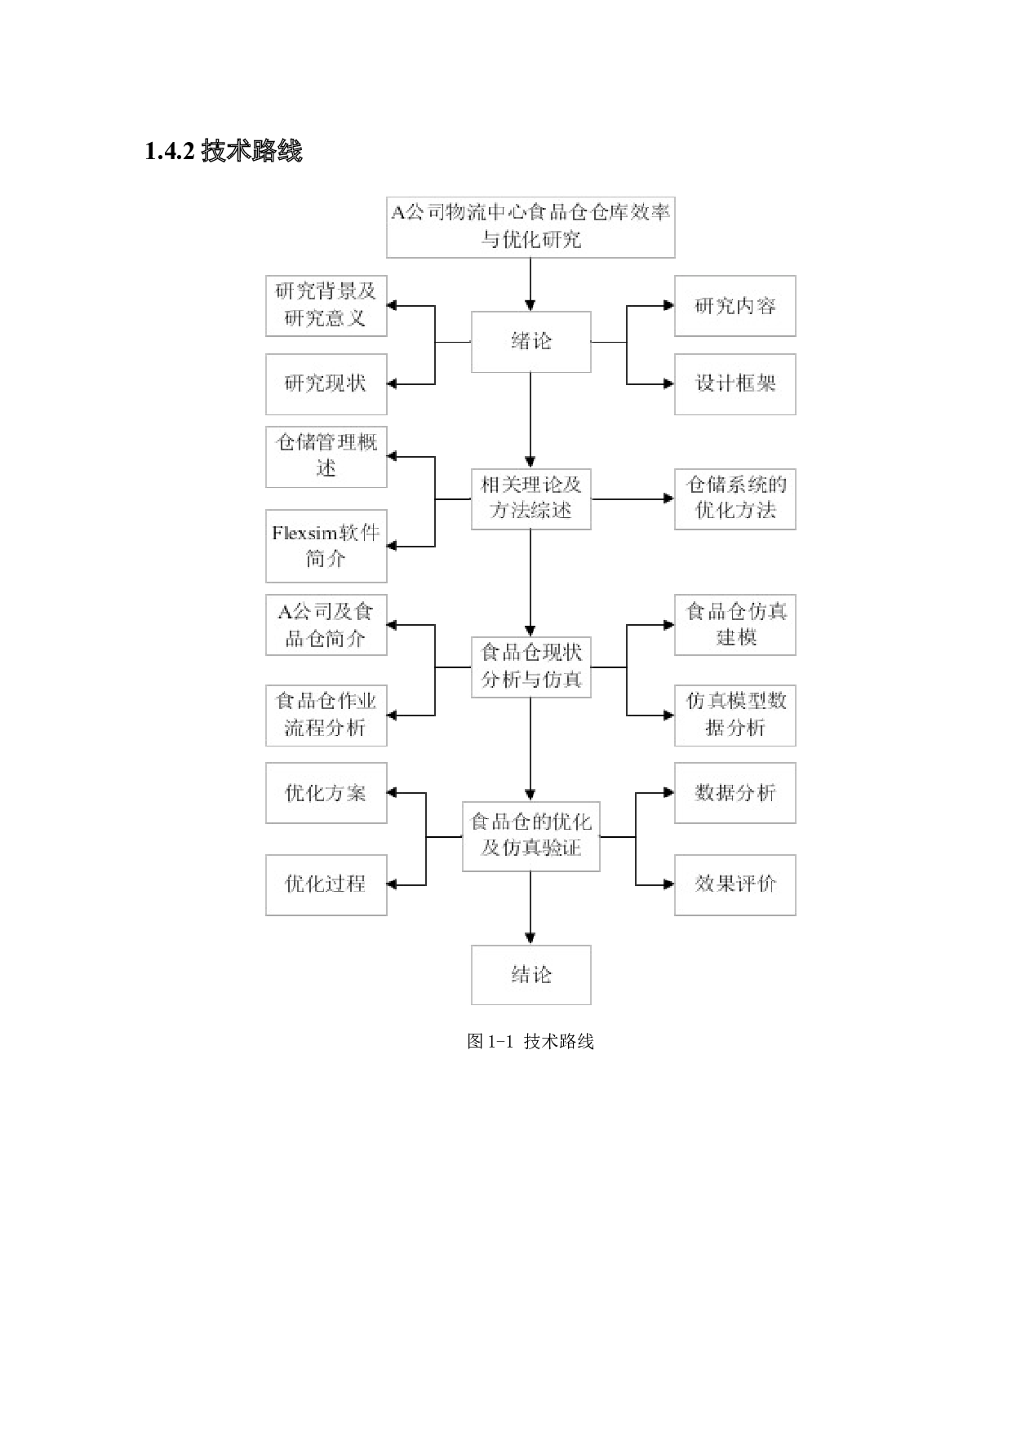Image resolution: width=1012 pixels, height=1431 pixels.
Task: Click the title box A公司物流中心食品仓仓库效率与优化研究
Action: coord(530,226)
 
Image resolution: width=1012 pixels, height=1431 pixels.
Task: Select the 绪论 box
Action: coord(530,342)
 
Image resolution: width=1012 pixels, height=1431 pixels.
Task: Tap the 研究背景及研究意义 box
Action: coord(326,305)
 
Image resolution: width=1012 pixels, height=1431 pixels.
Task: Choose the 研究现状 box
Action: coord(326,383)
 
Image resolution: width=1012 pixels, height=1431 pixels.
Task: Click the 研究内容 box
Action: coord(735,306)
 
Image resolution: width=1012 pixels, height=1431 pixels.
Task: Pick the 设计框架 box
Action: coord(735,383)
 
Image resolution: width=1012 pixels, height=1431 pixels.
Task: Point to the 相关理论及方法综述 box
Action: coord(530,498)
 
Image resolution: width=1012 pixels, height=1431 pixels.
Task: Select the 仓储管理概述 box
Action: coord(326,456)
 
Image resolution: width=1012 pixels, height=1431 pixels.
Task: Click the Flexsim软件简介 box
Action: coord(326,546)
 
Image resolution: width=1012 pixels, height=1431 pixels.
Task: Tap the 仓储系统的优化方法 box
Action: coord(735,498)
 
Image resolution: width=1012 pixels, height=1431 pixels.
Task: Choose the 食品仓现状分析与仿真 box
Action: coord(530,667)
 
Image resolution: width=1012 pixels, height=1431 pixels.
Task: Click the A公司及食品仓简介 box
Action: coord(326,625)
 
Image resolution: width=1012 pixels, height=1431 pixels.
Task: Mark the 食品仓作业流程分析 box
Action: coord(326,715)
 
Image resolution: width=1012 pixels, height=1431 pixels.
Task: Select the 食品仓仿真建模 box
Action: coord(735,625)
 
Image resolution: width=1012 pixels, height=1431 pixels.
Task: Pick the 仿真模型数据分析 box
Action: coord(735,715)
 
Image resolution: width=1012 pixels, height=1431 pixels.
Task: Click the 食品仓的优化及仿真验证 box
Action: coord(530,836)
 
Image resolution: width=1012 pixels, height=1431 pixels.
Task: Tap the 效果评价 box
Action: coord(735,884)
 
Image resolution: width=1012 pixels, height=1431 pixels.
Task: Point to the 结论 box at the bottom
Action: coord(530,975)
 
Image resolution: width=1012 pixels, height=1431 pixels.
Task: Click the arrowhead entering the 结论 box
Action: coord(530,938)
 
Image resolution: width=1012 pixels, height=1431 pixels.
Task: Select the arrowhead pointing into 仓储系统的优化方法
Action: coord(668,498)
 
